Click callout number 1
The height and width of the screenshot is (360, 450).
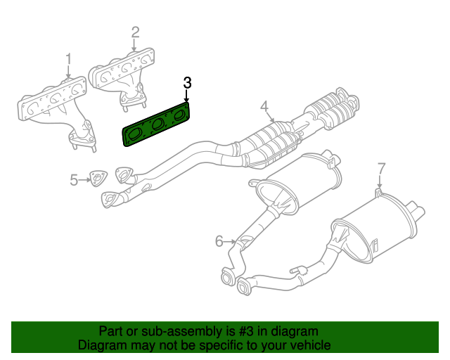tap(68, 58)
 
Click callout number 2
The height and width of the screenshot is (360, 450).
tap(135, 32)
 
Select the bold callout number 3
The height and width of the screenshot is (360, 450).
tap(187, 82)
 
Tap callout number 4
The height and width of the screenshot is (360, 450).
tap(264, 107)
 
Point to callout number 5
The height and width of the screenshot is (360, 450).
tap(74, 181)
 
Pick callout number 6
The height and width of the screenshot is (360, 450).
tap(219, 242)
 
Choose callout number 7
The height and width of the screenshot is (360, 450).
tap(381, 168)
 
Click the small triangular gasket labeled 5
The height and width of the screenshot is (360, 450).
tap(96, 179)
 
